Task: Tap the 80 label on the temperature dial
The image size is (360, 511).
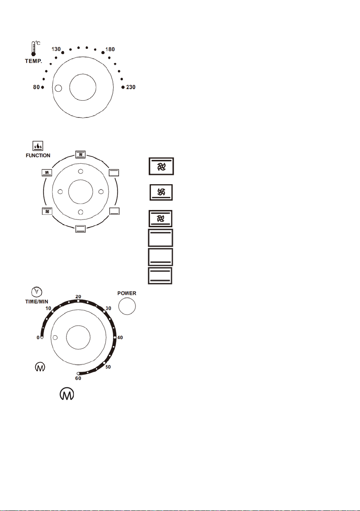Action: [36, 87]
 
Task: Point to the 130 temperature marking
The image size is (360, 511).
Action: [56, 49]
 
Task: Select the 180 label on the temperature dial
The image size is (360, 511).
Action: [110, 49]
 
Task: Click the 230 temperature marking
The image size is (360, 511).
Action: [131, 87]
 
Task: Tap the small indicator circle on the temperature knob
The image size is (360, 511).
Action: [59, 88]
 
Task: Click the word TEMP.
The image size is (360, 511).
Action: [33, 61]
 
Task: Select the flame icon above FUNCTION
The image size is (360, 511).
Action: [38, 146]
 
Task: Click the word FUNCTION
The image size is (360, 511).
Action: [38, 156]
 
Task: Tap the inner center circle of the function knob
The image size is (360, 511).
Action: [81, 191]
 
